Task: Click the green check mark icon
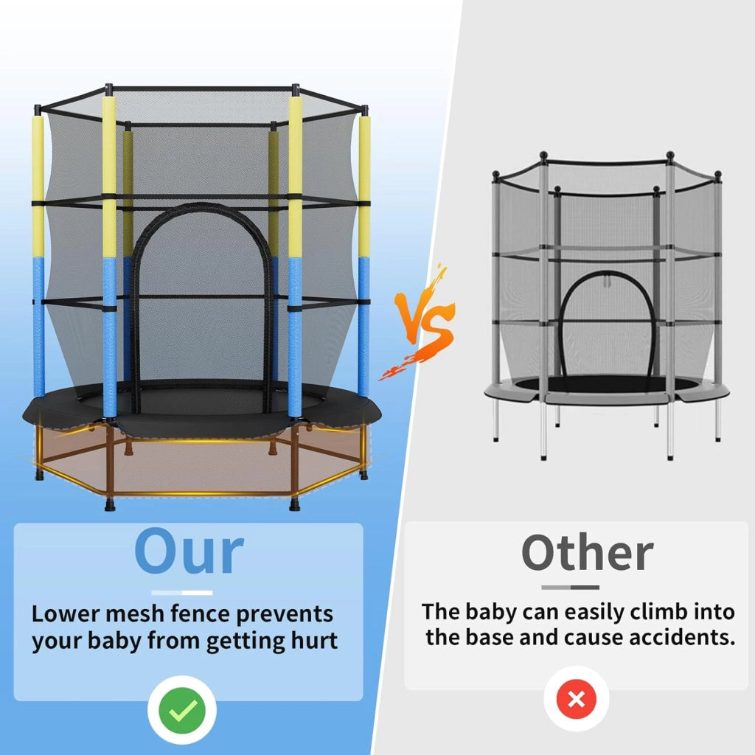[182, 710]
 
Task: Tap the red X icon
[576, 699]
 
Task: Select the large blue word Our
[189, 552]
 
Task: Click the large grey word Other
[588, 553]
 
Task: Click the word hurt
[314, 641]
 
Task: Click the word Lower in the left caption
[66, 614]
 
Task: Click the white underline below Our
[182, 593]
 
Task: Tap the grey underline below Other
[570, 588]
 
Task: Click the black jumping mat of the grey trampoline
[607, 385]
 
